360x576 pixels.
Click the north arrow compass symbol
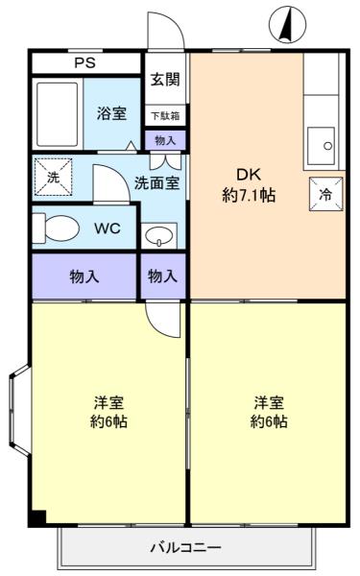point(287,25)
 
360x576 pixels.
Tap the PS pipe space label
point(84,62)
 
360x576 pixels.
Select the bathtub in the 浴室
point(58,114)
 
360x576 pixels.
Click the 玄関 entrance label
point(165,80)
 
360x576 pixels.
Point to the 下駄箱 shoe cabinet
point(165,116)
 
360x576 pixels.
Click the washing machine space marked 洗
point(53,177)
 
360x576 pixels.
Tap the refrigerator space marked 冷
point(325,194)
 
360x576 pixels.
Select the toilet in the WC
point(56,228)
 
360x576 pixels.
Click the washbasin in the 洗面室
point(159,235)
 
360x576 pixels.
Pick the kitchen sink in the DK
point(321,146)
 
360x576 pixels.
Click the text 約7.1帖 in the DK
point(249,195)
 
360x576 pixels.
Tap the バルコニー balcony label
point(186,548)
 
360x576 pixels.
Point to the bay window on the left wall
point(20,411)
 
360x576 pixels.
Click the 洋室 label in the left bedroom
point(108,402)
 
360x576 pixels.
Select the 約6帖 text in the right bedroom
point(269,421)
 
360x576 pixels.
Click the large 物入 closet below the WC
point(84,276)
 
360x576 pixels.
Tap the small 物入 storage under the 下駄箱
point(165,140)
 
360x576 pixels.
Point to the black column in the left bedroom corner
point(38,517)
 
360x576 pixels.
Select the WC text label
point(108,228)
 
